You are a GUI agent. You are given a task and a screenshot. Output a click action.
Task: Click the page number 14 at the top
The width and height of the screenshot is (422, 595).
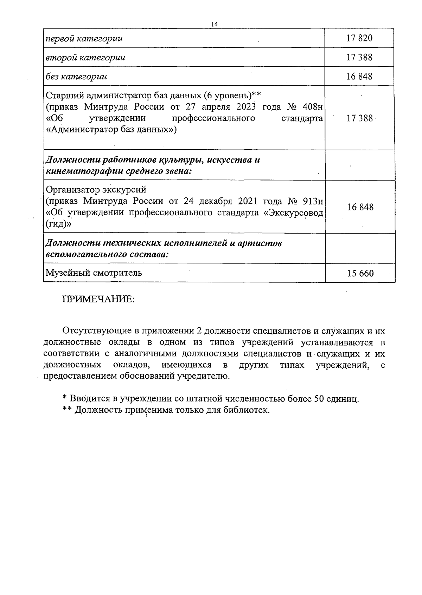(215, 24)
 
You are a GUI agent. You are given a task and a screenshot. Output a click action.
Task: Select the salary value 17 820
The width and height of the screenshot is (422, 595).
(359, 38)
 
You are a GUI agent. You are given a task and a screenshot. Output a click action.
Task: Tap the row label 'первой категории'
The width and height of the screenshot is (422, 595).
(84, 38)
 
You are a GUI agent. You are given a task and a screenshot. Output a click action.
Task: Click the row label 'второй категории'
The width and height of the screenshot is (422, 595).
(85, 57)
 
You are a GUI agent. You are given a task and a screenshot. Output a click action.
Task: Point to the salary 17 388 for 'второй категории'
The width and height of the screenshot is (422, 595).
(359, 57)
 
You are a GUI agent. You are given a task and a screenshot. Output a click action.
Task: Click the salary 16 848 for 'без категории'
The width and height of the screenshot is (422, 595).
(359, 76)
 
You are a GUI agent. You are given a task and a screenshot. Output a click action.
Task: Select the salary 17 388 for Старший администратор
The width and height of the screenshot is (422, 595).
(359, 118)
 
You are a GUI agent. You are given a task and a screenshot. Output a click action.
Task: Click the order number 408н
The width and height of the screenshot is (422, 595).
(313, 107)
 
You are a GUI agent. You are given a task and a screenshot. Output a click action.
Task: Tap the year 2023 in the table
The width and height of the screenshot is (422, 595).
(244, 107)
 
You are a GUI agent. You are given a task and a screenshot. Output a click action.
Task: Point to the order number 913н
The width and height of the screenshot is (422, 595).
(313, 201)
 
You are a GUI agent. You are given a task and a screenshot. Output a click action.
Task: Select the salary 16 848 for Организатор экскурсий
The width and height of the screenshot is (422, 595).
(360, 207)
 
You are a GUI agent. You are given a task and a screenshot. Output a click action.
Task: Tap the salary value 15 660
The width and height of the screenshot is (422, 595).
(360, 273)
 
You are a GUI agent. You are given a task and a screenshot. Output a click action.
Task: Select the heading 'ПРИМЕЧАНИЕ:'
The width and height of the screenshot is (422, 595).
(98, 300)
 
